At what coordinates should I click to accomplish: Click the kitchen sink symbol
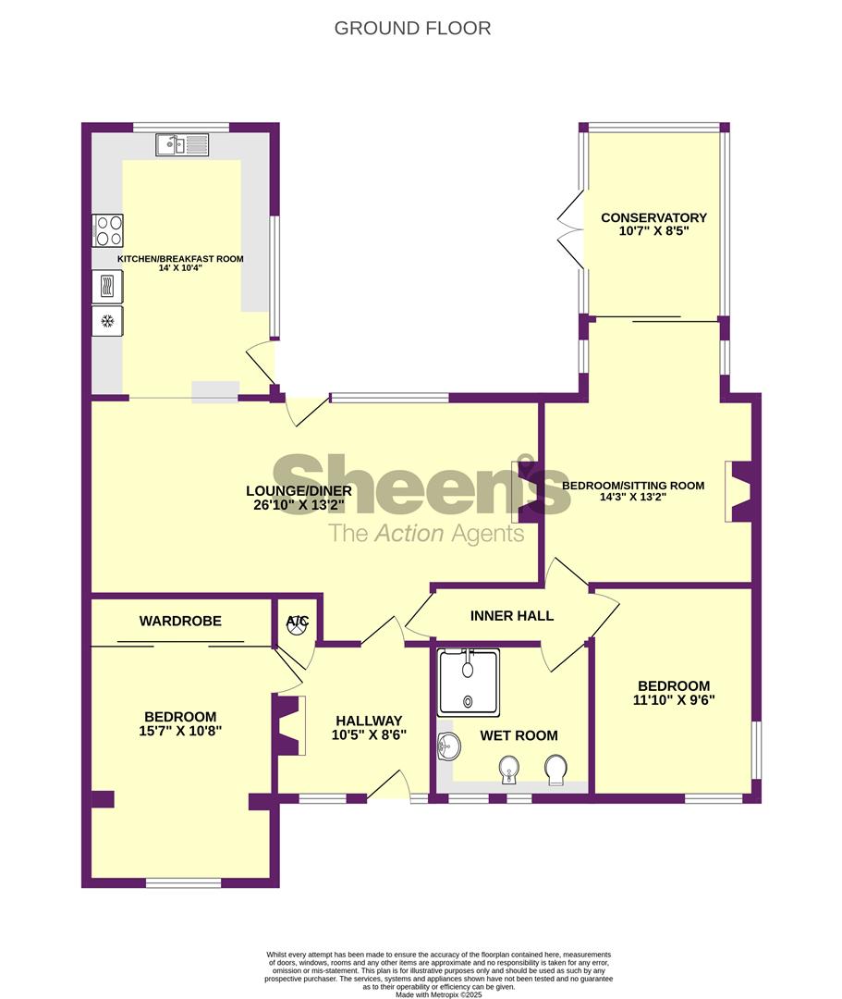182,144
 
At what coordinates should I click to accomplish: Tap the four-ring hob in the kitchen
107,230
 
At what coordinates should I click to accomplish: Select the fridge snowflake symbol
107,320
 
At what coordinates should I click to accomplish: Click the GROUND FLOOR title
412,29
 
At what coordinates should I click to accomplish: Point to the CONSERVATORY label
654,217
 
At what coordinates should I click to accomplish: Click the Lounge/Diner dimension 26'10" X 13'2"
299,505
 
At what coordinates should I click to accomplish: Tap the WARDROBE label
180,621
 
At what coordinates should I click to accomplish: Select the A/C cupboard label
298,620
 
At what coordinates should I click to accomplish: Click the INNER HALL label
512,615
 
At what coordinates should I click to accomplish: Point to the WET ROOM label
519,735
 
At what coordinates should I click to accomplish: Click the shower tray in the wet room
469,681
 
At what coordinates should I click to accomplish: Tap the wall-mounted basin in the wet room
449,746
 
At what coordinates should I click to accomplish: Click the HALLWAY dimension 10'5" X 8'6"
369,734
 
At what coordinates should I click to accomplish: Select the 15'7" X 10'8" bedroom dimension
180,731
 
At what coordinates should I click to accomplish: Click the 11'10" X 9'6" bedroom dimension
674,700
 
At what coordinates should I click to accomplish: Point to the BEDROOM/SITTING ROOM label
633,486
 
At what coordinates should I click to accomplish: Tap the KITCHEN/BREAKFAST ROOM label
180,259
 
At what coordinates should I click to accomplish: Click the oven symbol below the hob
107,285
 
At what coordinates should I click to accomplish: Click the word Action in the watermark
408,533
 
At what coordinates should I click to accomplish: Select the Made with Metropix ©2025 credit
439,993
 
